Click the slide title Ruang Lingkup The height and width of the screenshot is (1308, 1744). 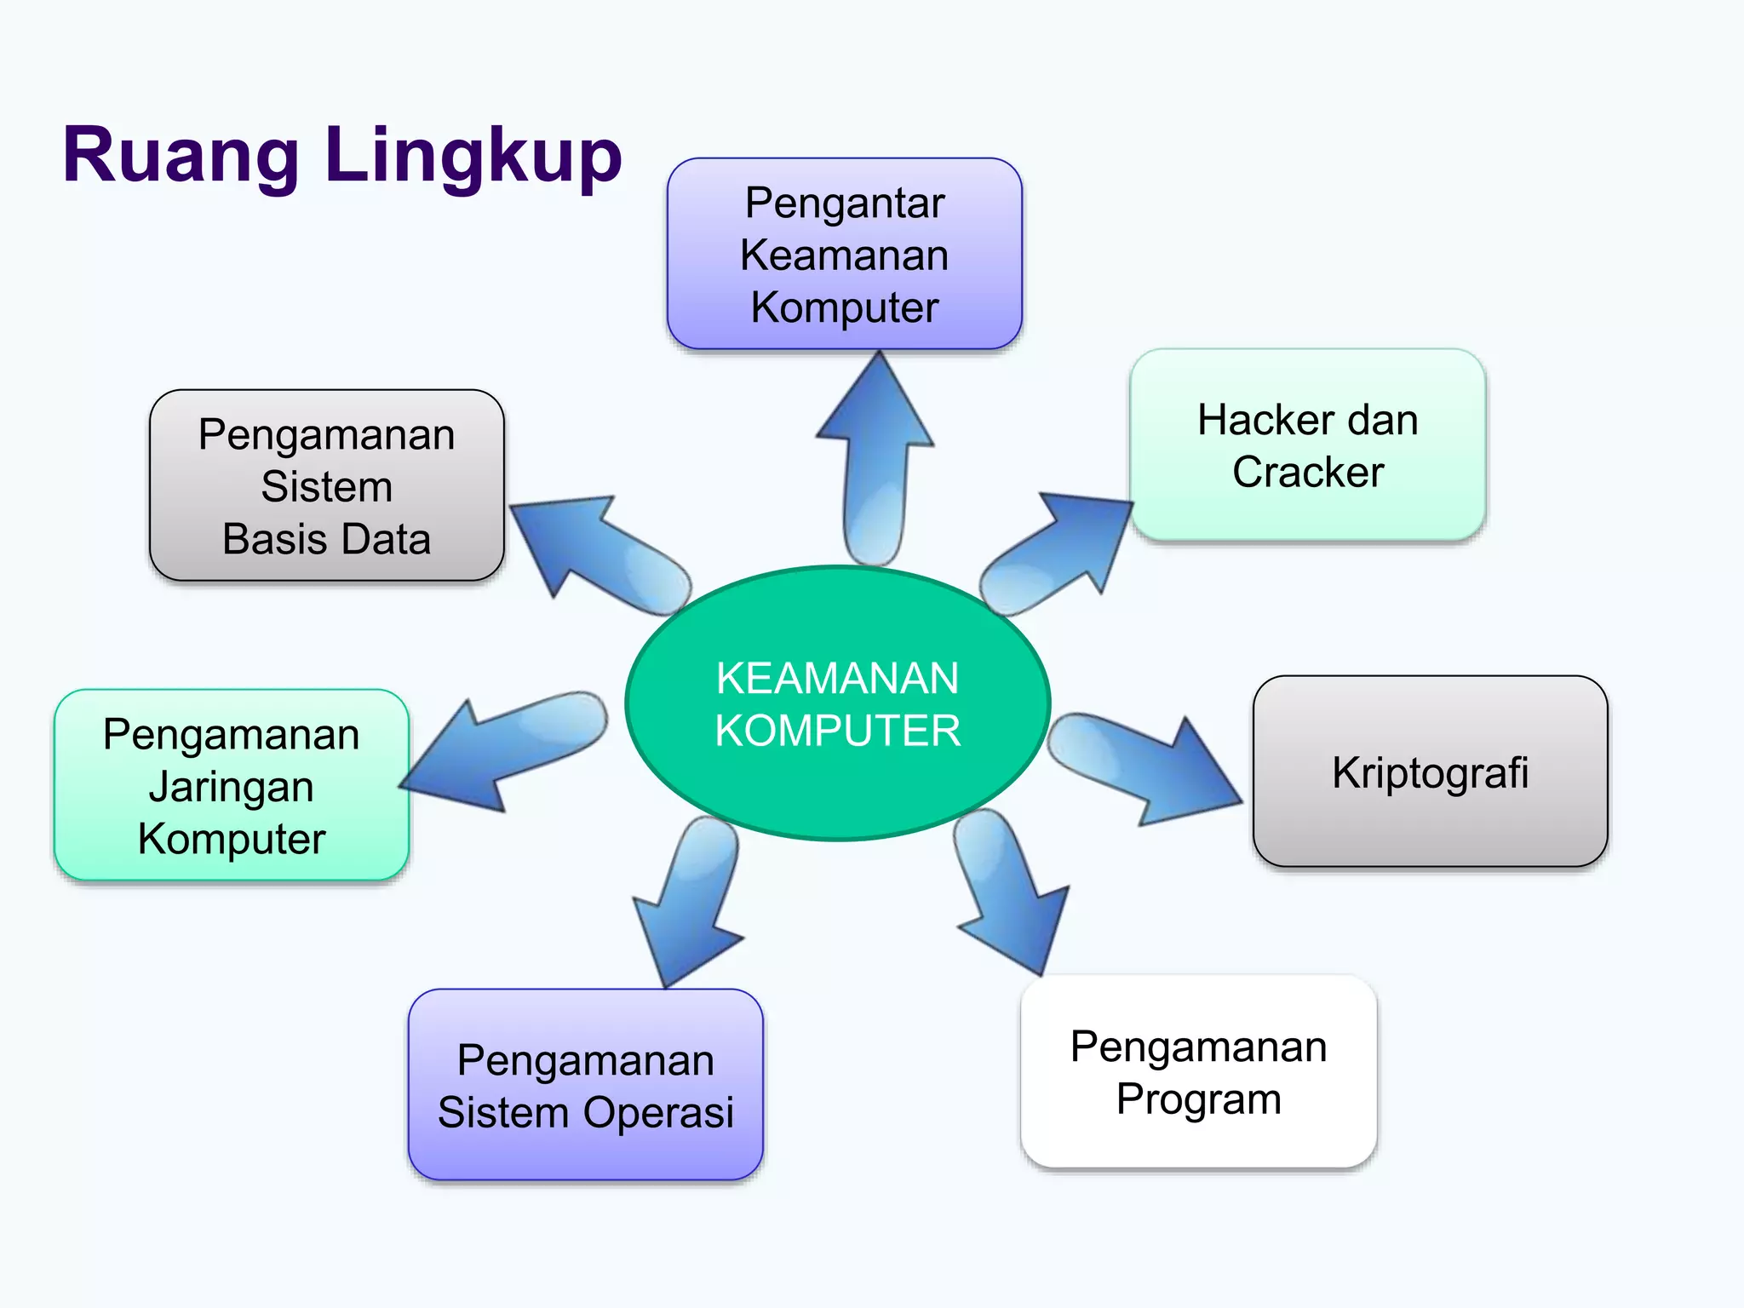(342, 155)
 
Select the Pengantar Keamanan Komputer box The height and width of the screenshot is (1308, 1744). (844, 254)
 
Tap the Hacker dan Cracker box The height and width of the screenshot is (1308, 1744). (1307, 445)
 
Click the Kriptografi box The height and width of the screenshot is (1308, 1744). (1430, 772)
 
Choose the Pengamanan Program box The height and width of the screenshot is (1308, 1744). (1198, 1071)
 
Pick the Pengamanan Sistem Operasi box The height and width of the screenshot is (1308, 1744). (585, 1085)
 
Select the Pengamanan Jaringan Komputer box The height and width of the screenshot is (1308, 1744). (231, 785)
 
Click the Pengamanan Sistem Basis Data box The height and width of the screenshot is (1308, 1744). (326, 485)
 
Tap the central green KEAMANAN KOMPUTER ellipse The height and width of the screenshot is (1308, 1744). (837, 703)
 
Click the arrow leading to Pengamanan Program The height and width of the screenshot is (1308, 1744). (1009, 894)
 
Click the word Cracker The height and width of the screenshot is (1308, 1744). (1307, 472)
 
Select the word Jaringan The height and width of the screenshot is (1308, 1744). (231, 786)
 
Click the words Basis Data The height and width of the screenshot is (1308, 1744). (326, 538)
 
